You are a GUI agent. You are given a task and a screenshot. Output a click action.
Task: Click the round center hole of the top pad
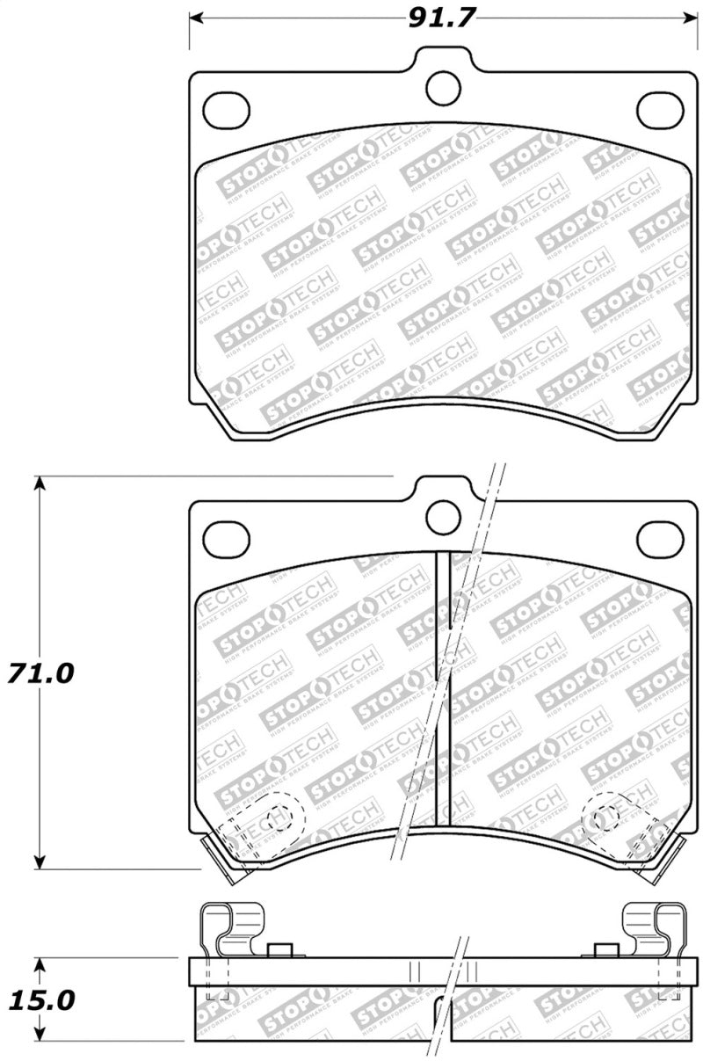coord(443,86)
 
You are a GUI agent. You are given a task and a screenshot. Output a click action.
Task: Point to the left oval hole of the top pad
coord(226,109)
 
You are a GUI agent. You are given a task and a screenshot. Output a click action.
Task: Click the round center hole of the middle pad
coord(443,518)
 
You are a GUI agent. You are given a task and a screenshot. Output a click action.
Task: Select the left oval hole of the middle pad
coord(226,539)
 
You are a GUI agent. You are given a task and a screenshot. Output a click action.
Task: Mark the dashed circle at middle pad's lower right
coord(605,819)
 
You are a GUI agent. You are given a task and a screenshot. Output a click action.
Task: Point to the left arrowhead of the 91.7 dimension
coord(195,18)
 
